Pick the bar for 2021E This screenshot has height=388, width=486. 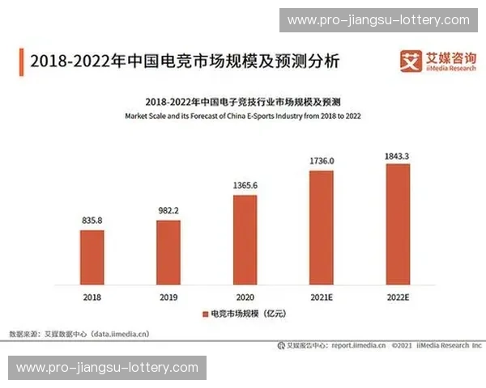coord(322,229)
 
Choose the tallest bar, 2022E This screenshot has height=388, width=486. coord(398,226)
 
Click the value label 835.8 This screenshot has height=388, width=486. coord(92,219)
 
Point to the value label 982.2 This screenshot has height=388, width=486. coord(168,210)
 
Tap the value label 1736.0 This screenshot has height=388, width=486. coord(322,161)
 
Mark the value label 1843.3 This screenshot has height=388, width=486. coord(398,154)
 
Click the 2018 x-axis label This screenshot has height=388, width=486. coord(92,297)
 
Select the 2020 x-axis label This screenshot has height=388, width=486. coord(245,297)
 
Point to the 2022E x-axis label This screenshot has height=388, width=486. coord(398,297)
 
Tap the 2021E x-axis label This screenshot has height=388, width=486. coord(322,297)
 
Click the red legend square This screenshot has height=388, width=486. coord(203,313)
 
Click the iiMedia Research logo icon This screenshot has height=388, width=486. coord(410,61)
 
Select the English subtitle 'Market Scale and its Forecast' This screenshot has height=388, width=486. coord(243,116)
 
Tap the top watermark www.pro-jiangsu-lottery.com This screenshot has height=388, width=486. coord(378,19)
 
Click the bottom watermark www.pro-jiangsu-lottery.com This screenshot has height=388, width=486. coord(107,368)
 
